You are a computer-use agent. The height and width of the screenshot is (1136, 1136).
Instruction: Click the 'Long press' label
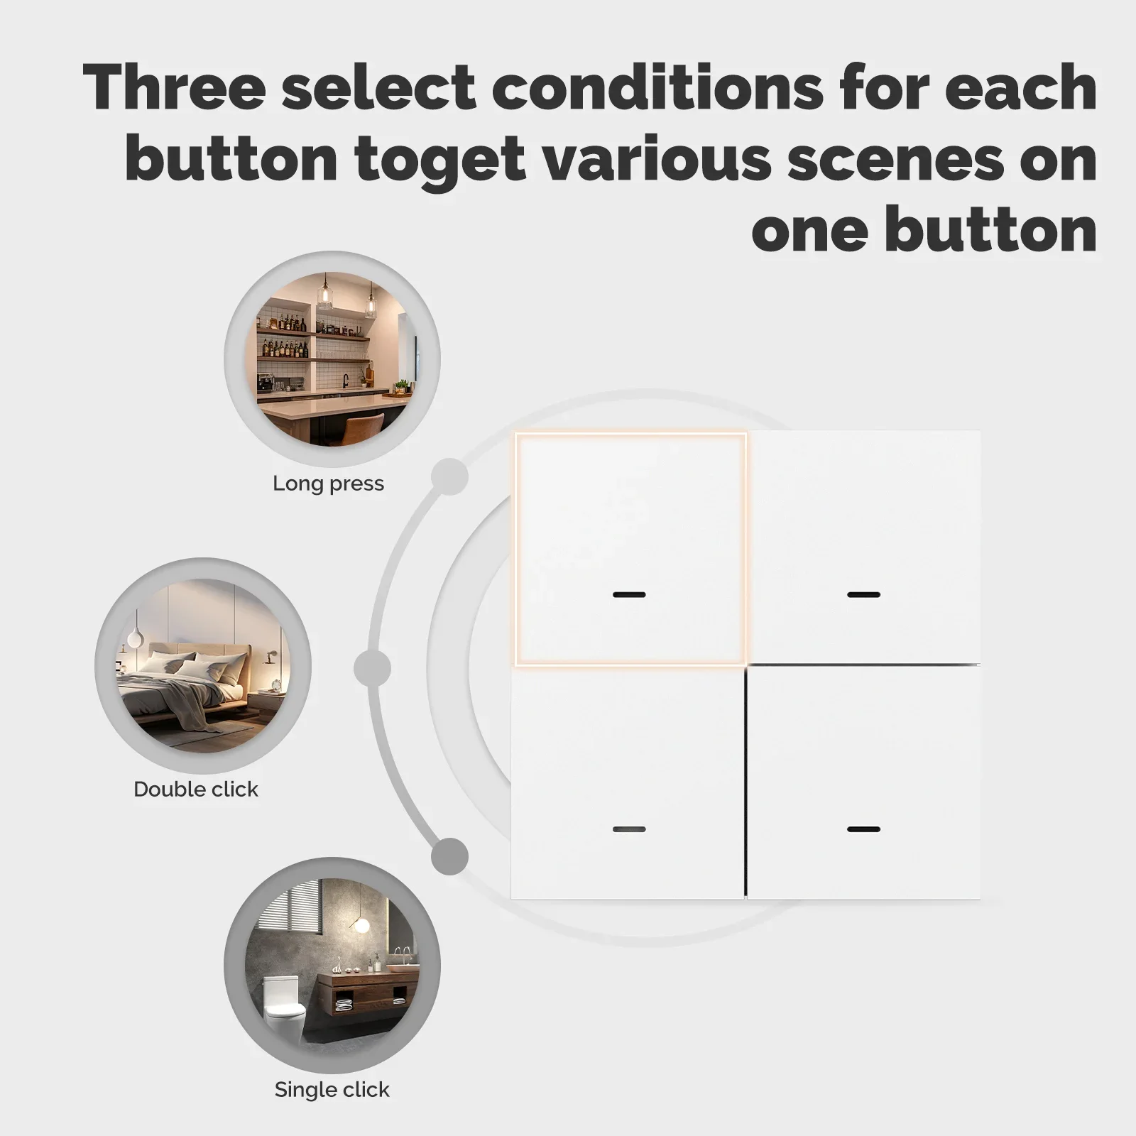coord(328,484)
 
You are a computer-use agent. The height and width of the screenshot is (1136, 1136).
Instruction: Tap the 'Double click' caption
coord(195,789)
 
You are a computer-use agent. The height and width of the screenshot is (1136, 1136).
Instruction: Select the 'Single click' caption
coord(332,1089)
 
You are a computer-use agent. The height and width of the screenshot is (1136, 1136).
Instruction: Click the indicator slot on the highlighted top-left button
coord(629,594)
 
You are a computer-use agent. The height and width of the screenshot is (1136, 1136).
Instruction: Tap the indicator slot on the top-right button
coord(863,594)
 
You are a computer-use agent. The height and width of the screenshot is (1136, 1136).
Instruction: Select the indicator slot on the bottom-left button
coord(629,829)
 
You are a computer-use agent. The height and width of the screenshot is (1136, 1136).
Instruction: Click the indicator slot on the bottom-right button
coord(863,829)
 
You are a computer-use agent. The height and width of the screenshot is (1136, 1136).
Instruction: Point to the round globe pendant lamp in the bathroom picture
coord(361,926)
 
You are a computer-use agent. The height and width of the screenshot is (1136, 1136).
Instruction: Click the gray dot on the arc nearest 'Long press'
coord(449,476)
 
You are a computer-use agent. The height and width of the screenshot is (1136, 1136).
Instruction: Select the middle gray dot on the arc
coord(372,667)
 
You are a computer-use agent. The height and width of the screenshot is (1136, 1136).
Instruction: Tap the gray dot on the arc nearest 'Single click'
coord(449,856)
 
